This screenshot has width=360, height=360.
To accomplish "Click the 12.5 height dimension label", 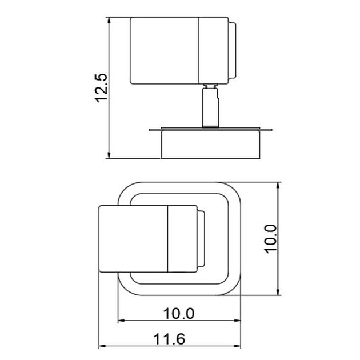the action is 101,87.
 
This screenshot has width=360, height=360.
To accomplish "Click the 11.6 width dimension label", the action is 169,339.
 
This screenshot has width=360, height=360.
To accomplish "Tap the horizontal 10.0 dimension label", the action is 179,314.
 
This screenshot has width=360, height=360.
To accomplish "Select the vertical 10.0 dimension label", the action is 271,239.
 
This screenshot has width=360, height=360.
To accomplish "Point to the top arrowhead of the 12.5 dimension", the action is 109,20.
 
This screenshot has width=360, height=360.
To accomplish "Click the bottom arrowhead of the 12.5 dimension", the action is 109,155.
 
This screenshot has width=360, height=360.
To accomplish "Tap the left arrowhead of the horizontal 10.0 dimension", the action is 121,320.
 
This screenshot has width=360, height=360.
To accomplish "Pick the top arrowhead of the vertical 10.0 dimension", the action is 278,185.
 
